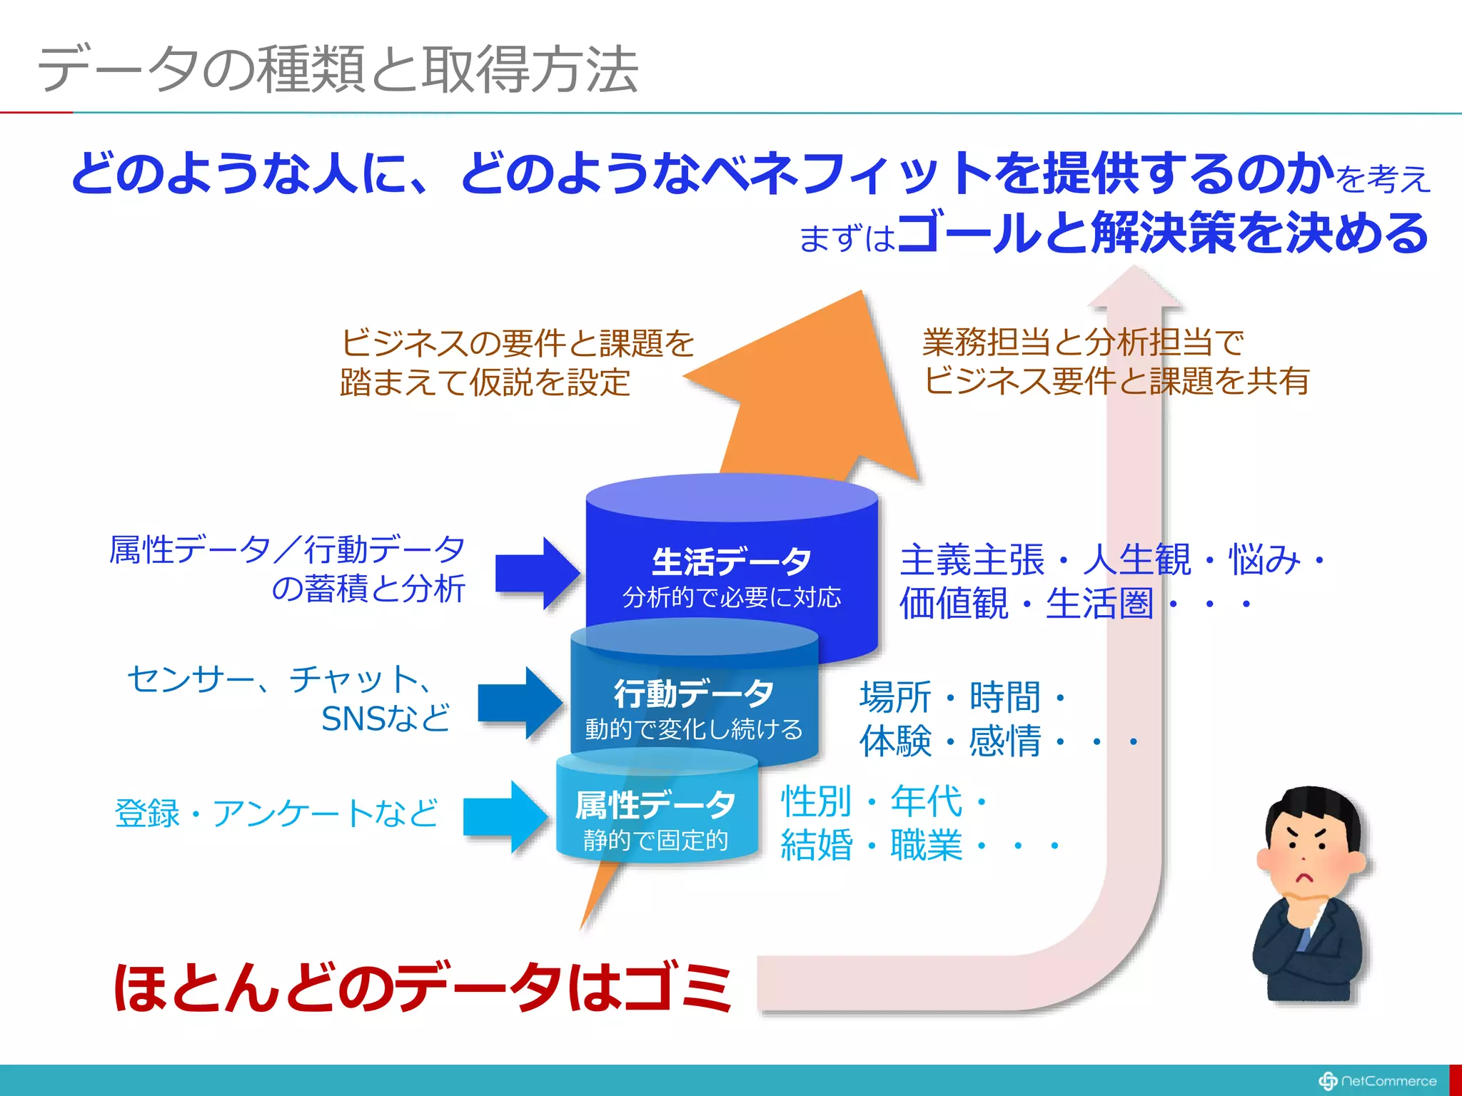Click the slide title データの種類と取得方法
coord(338,70)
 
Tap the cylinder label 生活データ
coord(731,562)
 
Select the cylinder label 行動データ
coord(694,693)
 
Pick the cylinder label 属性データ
coord(655,806)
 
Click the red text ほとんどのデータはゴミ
coord(423,988)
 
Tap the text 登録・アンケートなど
coord(276,813)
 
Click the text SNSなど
coord(385,719)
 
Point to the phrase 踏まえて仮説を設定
coord(485,382)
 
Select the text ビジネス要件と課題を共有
coord(1116,380)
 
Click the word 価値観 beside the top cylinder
coord(954,604)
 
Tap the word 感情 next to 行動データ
coord(1005,741)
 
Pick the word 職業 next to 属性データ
coord(927,846)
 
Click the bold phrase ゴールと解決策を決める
coord(1164,233)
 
